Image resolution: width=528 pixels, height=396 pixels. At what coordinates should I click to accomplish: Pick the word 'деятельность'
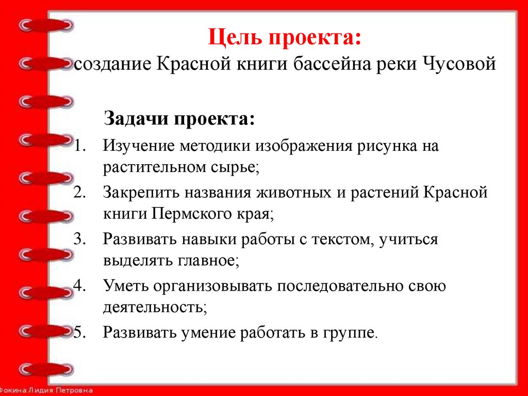pyautogui.click(x=154, y=308)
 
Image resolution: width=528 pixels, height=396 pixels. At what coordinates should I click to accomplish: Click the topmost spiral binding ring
pyautogui.click(x=45, y=24)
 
